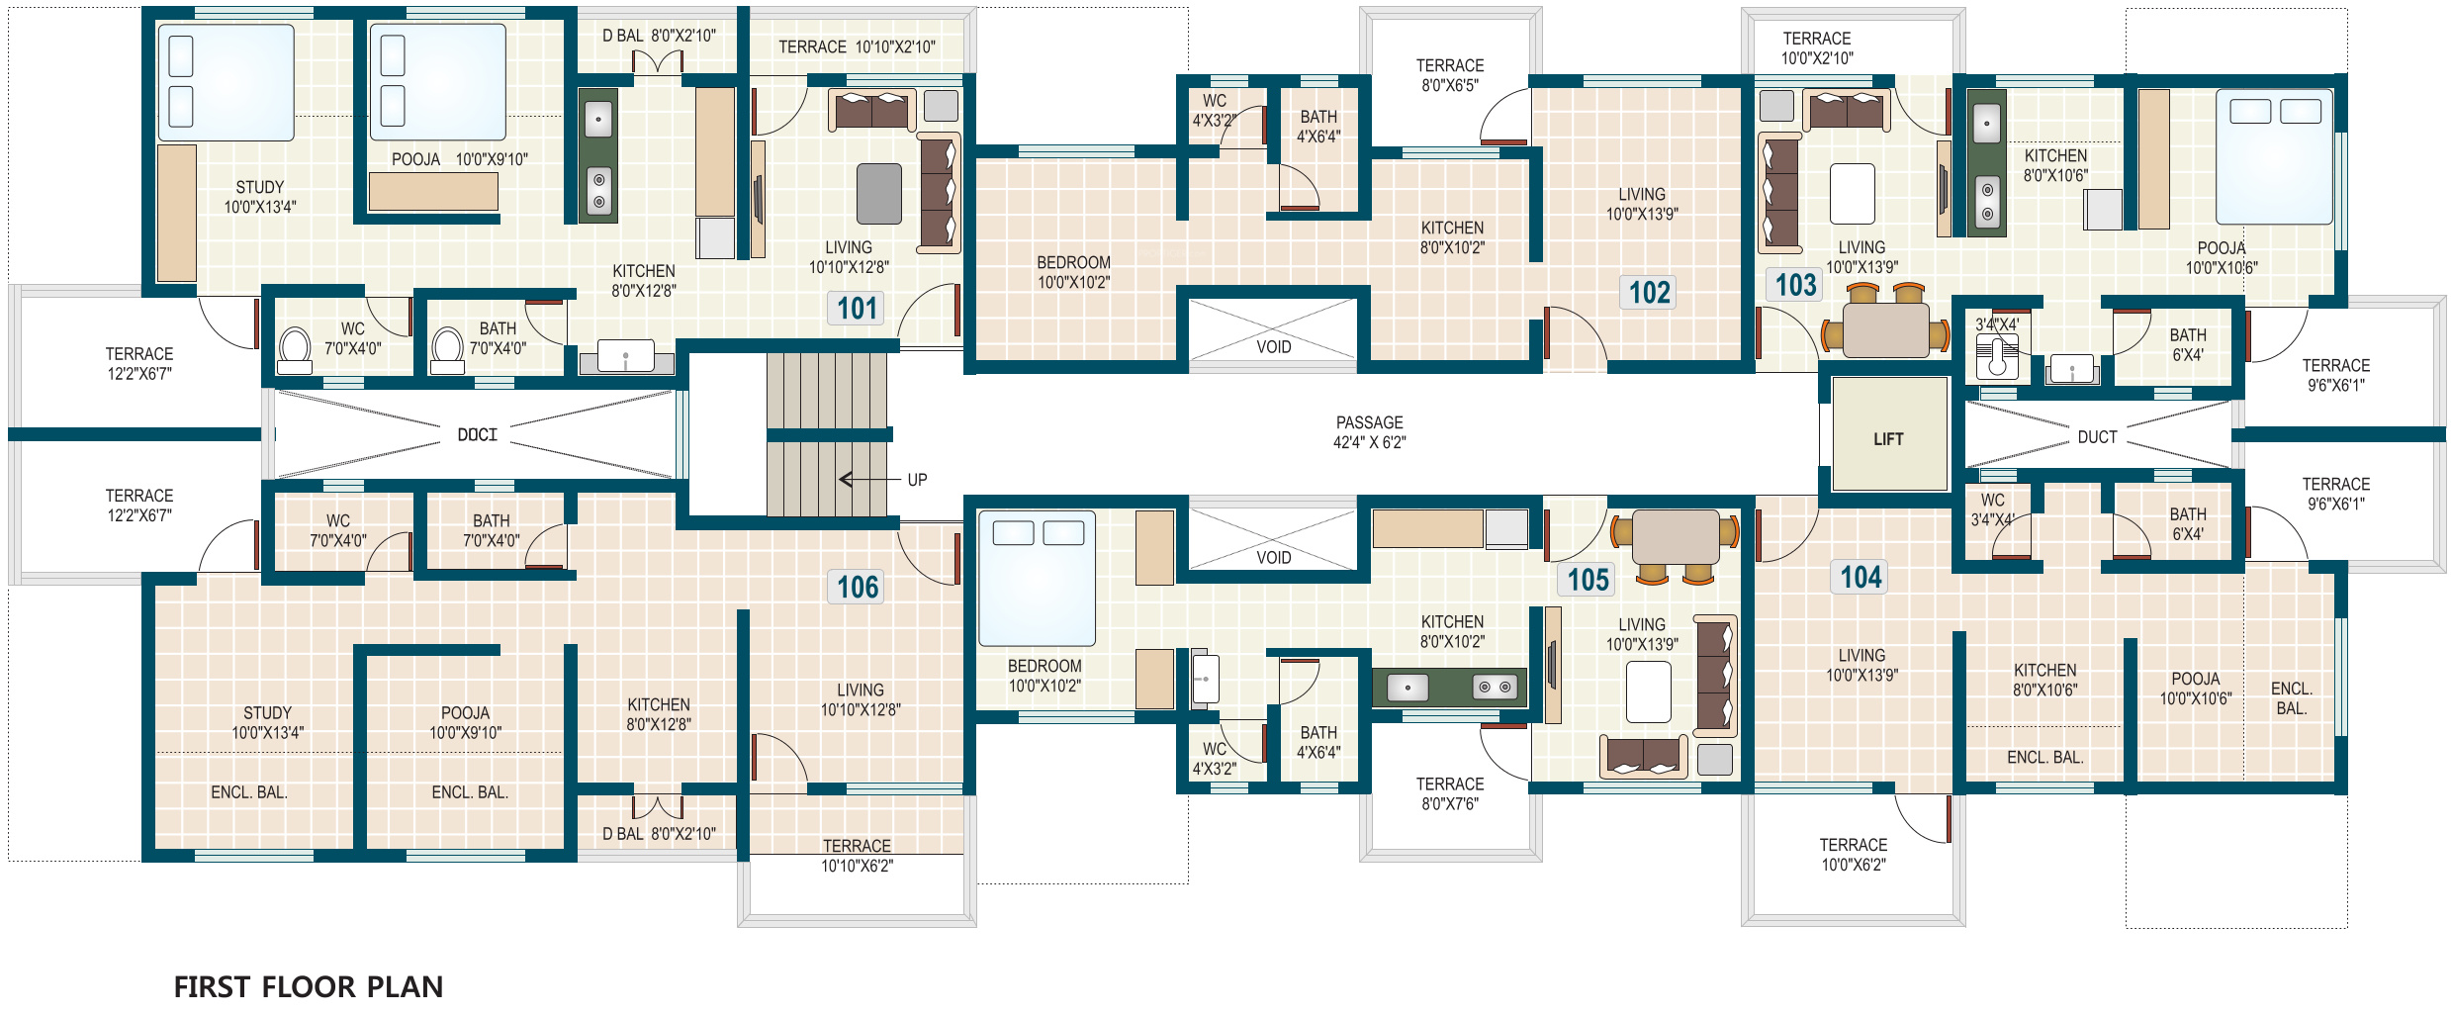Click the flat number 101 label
858,309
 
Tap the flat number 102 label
1649,293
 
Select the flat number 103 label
1795,286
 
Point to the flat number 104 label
1861,577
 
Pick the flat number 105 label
1589,580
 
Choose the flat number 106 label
858,588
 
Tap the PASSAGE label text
1369,422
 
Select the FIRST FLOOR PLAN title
309,986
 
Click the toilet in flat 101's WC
295,352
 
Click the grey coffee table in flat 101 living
878,194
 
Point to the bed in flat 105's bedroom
1037,579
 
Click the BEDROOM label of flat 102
1073,263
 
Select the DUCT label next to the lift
2097,437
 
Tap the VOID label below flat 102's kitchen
1273,347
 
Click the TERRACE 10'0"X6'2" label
1854,855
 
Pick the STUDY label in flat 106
267,713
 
